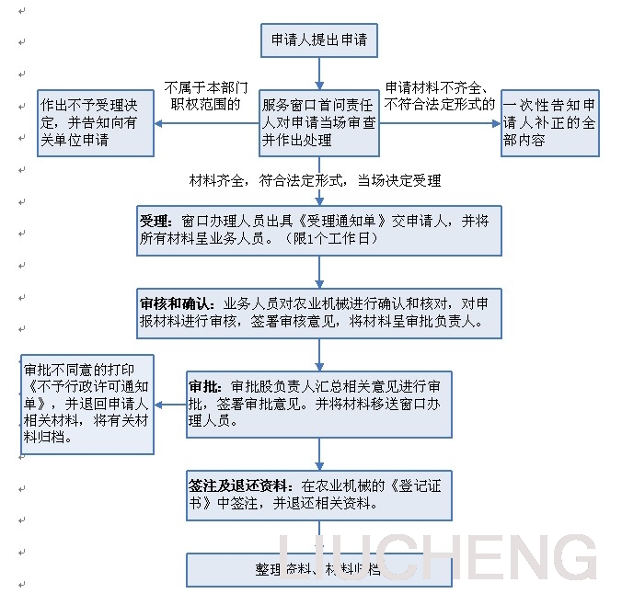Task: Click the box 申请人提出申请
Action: pos(319,41)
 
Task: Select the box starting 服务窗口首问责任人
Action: pos(319,122)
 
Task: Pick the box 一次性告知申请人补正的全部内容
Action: pos(549,122)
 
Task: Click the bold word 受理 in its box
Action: pos(155,222)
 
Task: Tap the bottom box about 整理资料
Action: pos(319,569)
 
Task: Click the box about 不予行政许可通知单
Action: pos(88,404)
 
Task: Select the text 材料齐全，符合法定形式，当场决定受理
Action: pos(315,180)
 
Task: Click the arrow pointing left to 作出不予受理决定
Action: pos(204,122)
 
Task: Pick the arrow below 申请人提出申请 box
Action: pos(319,72)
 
